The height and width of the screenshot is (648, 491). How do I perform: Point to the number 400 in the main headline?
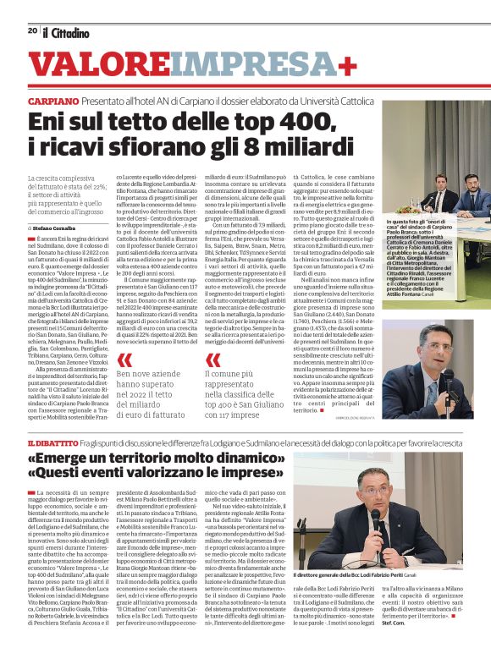(x=286, y=123)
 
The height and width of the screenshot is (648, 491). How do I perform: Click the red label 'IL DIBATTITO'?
(x=53, y=442)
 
